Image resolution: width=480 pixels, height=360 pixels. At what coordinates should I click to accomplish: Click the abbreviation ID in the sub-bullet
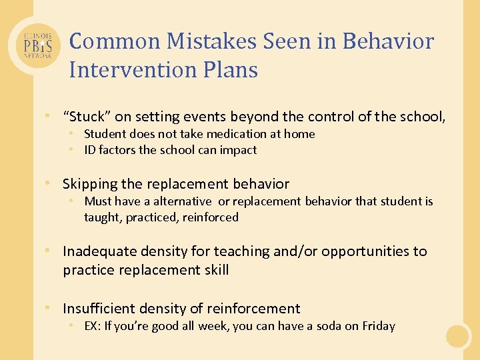click(89, 150)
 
